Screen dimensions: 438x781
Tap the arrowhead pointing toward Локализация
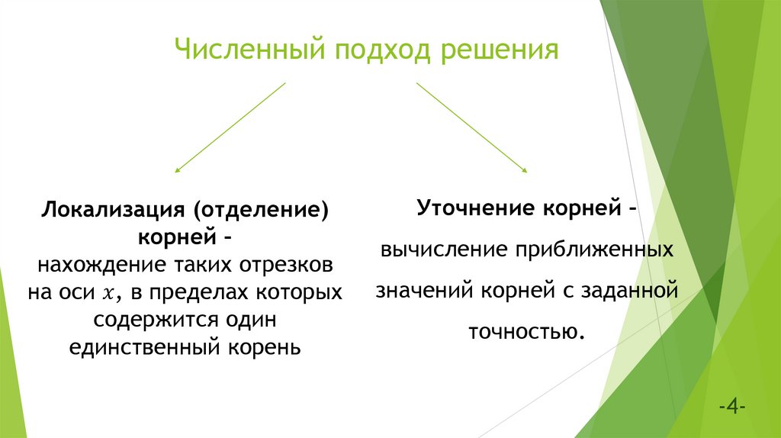(178, 169)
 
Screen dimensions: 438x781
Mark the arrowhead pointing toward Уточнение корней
(525, 169)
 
